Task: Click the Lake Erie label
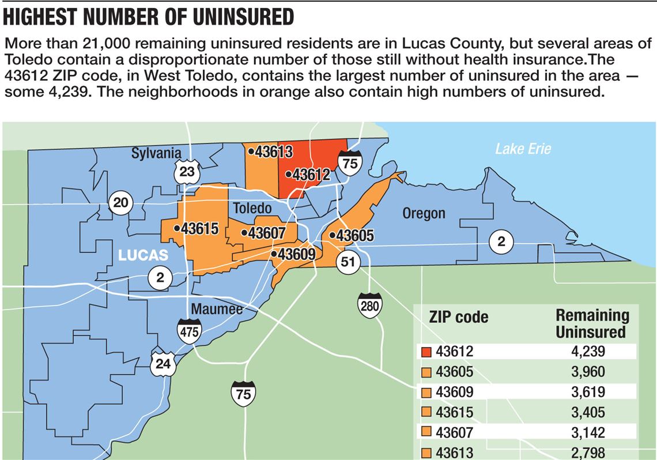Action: (523, 149)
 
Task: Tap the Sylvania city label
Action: (156, 153)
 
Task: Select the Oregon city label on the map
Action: (424, 213)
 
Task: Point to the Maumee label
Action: (216, 310)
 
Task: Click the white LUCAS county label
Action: (143, 255)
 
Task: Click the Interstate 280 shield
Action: (369, 305)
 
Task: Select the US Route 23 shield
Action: (187, 171)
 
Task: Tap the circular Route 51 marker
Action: (348, 261)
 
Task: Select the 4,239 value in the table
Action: (586, 352)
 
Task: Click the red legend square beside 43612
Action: (426, 352)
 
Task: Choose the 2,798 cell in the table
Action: (586, 453)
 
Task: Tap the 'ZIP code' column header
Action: (459, 317)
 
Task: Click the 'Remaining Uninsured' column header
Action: (592, 323)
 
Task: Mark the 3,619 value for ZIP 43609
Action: (586, 392)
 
